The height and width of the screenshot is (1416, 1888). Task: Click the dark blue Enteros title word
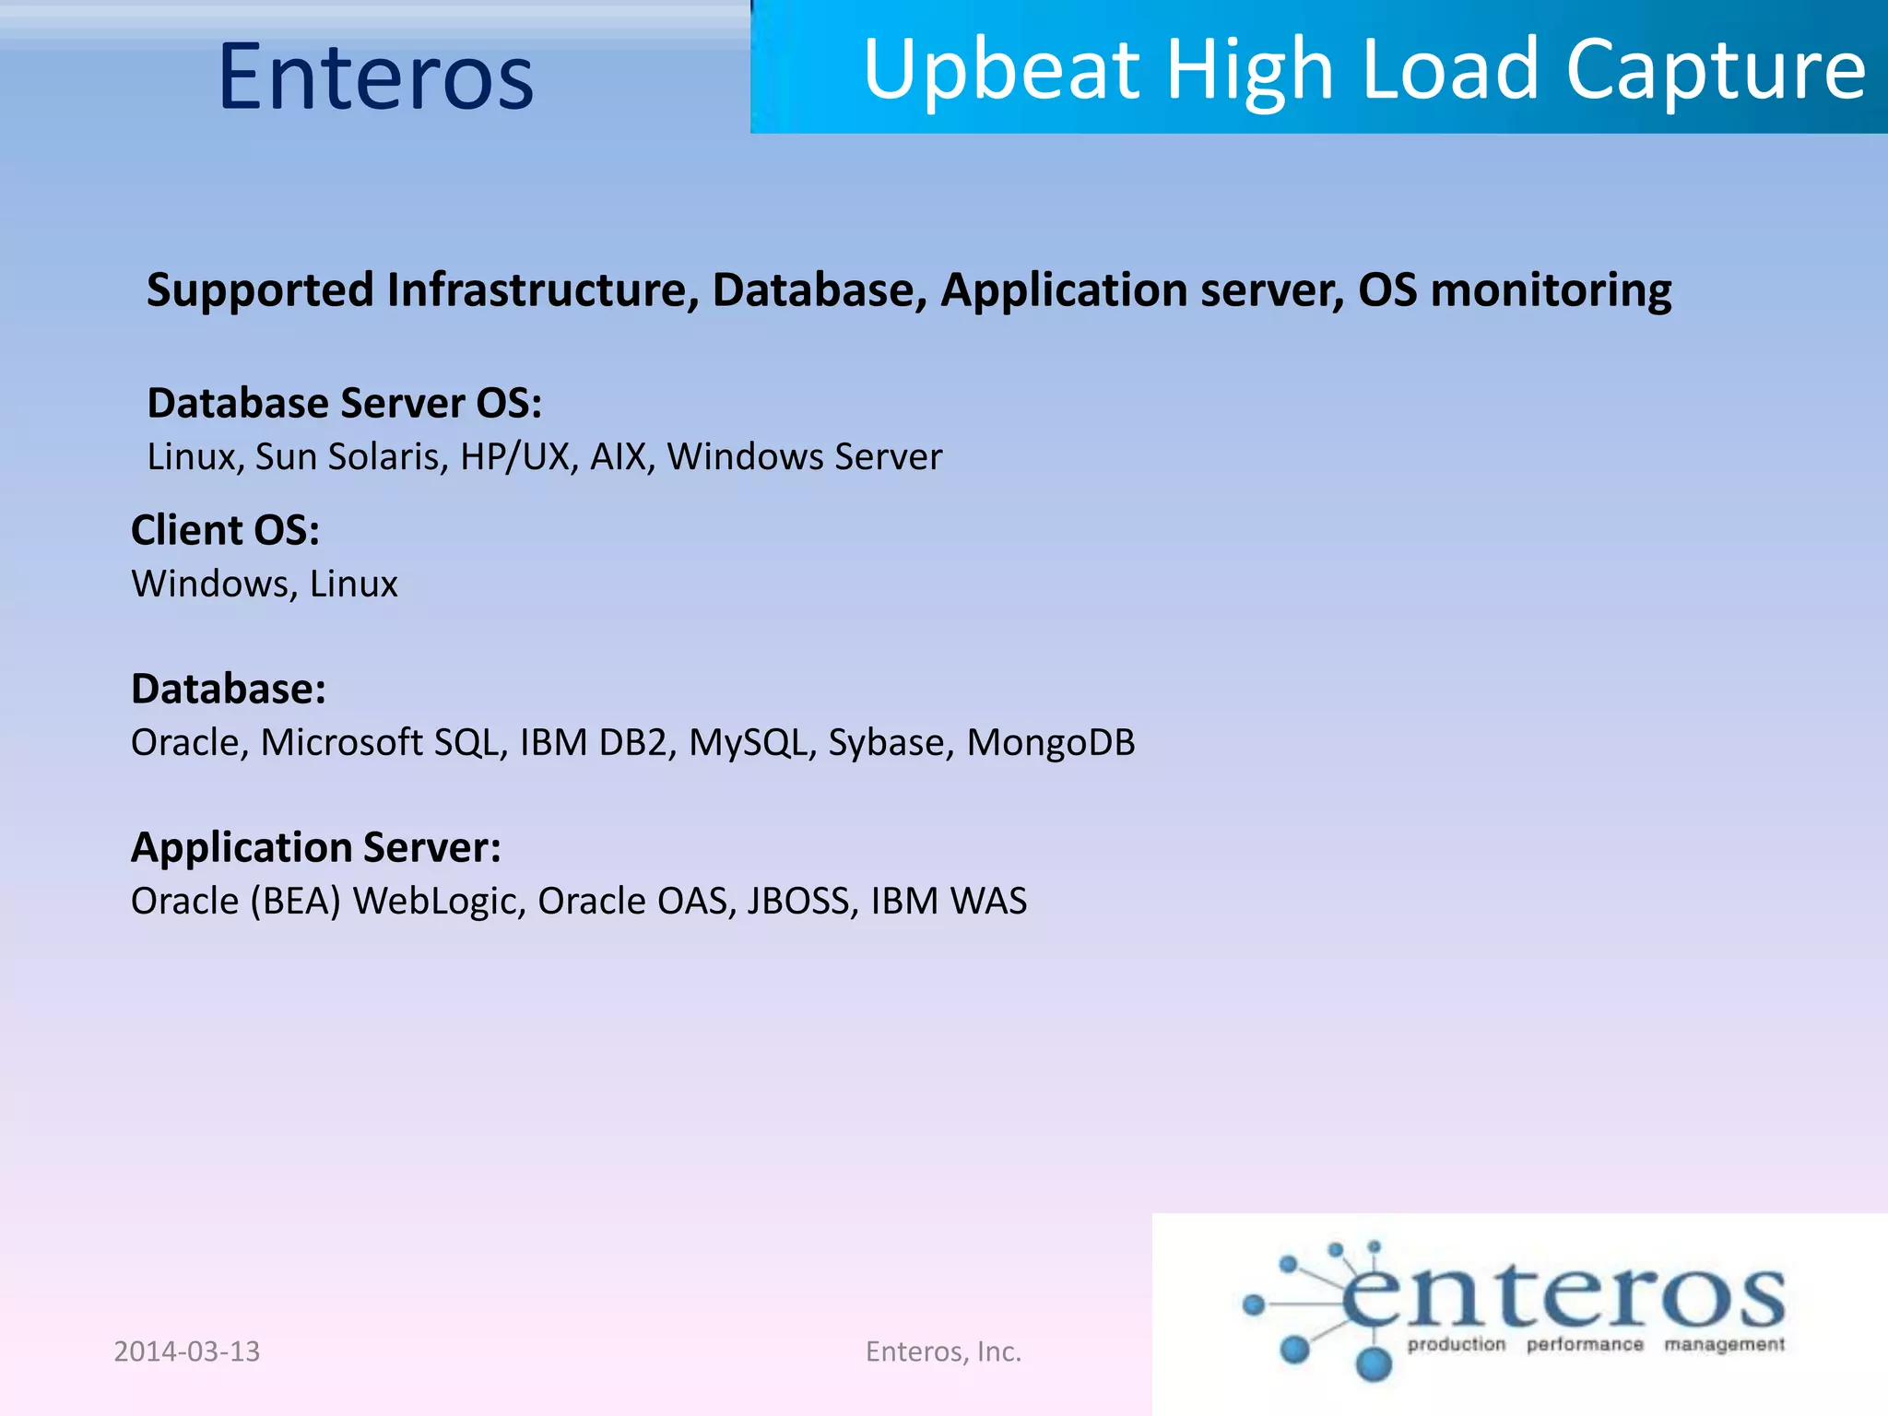click(x=376, y=77)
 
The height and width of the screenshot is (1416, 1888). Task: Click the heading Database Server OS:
click(x=345, y=404)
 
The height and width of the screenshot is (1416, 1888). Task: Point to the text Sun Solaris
click(x=351, y=457)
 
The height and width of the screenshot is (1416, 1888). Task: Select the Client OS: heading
click(x=225, y=531)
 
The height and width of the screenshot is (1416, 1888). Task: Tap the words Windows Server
click(x=805, y=457)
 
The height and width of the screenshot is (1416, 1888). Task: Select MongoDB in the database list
click(x=1051, y=743)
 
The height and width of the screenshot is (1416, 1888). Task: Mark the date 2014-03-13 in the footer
click(x=187, y=1351)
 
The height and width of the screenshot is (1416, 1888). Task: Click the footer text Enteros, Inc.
click(x=943, y=1351)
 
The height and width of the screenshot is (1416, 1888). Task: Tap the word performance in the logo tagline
click(x=1585, y=1345)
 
